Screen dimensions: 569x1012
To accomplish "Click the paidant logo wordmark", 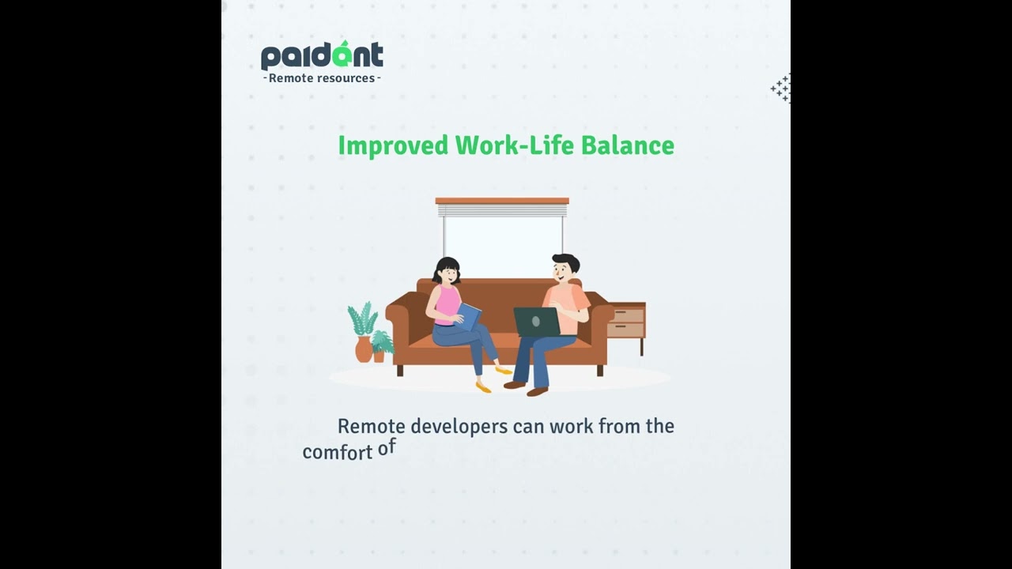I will coord(322,56).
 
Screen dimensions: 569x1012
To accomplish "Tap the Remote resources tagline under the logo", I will coord(322,78).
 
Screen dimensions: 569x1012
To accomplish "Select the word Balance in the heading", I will coord(628,145).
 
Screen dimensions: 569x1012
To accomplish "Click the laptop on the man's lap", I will coord(537,322).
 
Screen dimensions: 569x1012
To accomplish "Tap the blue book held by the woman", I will coord(470,317).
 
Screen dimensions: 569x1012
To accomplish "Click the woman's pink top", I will coord(447,303).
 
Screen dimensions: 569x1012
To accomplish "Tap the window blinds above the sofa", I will coord(502,209).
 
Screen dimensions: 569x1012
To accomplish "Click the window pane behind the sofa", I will coord(502,245).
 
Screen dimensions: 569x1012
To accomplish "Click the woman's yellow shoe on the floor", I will coord(483,386).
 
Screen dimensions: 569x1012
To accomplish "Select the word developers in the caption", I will coord(460,427).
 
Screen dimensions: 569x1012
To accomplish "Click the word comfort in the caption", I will coord(337,453).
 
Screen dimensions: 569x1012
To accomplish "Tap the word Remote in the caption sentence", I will coord(372,427).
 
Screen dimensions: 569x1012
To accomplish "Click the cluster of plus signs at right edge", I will coord(781,89).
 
